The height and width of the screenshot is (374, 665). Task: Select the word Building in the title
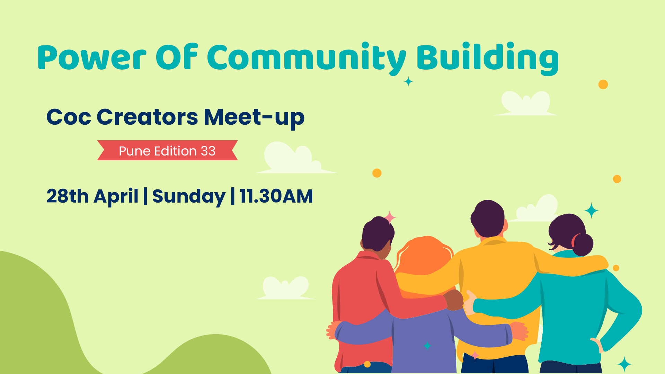coord(487,58)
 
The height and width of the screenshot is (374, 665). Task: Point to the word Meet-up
coord(254,118)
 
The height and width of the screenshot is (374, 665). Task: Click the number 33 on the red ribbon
coord(208,151)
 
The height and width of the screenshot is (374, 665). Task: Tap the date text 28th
coord(68,196)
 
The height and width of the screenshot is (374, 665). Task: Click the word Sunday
coord(189,197)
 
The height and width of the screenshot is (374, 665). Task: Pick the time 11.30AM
coord(276,196)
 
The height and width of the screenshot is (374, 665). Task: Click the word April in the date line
coord(116,197)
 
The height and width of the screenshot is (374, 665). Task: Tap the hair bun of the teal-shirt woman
coord(583,244)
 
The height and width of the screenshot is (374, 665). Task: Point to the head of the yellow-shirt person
coord(488,218)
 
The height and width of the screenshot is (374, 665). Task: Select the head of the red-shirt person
coord(378,236)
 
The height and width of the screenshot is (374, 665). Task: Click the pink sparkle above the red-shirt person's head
coord(390,217)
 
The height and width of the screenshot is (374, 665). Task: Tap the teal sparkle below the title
coord(409,82)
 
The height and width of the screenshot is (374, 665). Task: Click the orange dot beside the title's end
coord(603,84)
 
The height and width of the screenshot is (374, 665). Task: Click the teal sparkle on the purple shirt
coord(428,346)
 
